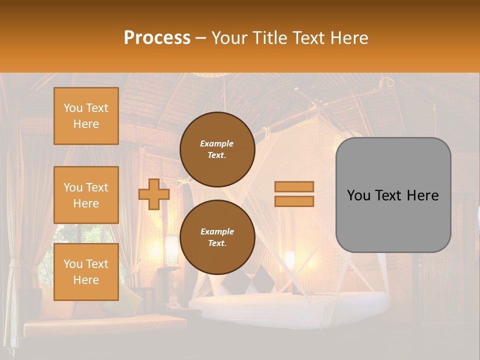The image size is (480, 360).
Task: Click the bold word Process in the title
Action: click(x=157, y=37)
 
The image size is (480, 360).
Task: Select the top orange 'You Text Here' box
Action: click(x=86, y=116)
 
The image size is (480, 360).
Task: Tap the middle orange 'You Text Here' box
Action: click(x=86, y=195)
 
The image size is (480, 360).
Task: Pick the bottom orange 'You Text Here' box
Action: click(x=86, y=272)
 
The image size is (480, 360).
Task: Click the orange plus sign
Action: click(x=153, y=194)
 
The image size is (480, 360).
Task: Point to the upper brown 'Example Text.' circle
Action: click(x=217, y=149)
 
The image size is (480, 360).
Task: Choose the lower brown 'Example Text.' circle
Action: click(x=217, y=237)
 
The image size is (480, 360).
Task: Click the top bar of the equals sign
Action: click(x=294, y=186)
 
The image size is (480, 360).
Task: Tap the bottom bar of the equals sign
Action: click(x=294, y=201)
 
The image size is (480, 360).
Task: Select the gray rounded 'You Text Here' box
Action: click(x=393, y=195)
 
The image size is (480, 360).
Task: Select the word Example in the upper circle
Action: click(x=216, y=143)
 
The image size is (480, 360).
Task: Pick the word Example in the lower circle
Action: click(x=216, y=231)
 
